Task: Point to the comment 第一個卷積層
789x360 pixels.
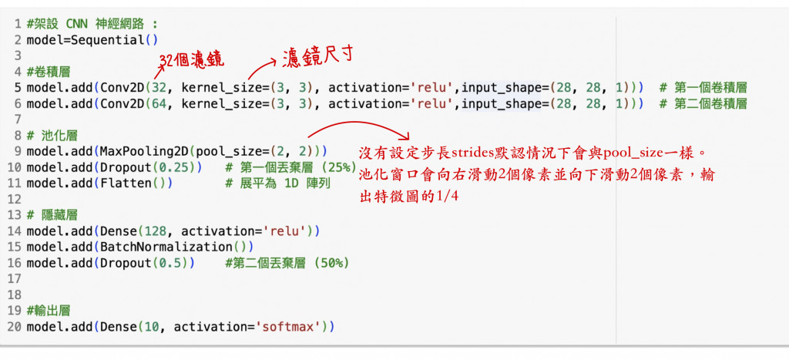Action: click(x=710, y=87)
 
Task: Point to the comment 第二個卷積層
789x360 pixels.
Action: click(x=710, y=103)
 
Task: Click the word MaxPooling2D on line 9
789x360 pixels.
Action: click(x=136, y=151)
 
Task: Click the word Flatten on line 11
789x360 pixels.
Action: click(x=121, y=183)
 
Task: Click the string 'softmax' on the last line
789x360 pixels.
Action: click(x=290, y=327)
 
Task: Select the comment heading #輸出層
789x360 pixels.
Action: click(x=48, y=311)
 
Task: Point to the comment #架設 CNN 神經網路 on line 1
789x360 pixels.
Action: click(x=92, y=23)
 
